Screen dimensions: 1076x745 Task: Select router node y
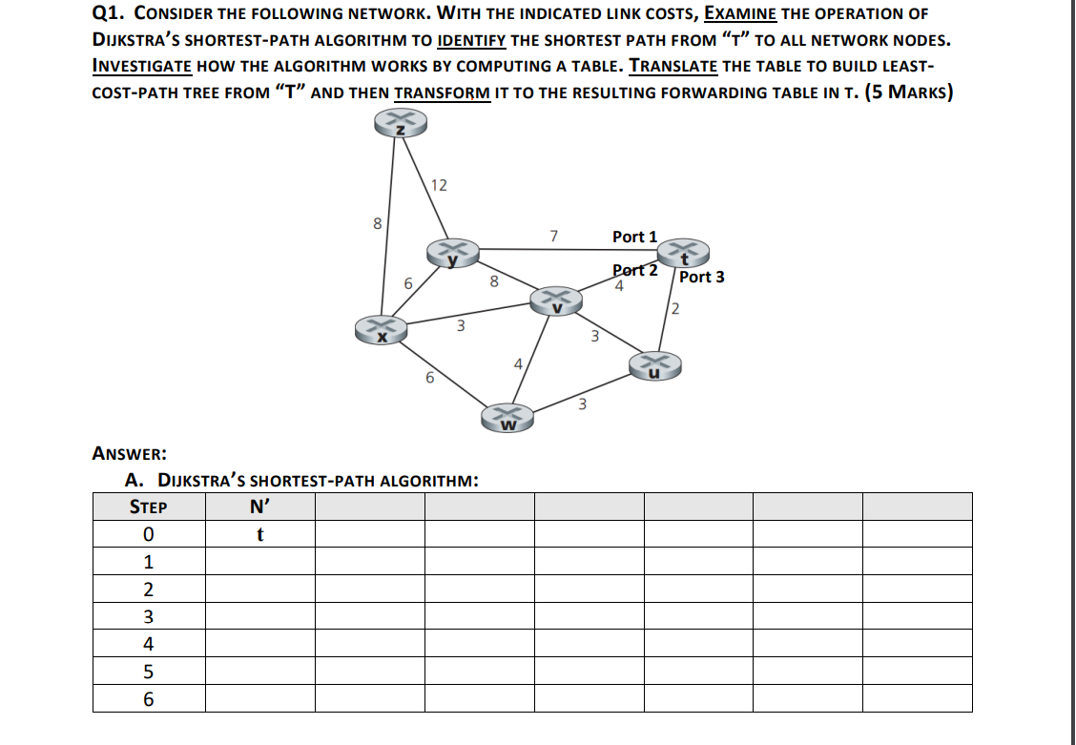tap(454, 253)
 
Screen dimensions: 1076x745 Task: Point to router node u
tap(654, 366)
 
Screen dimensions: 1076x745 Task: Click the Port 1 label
tap(634, 237)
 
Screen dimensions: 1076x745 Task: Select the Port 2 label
tap(635, 270)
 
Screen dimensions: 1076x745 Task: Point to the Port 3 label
tap(701, 277)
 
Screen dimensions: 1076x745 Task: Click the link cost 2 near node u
tap(674, 308)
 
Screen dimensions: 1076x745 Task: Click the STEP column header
tap(148, 507)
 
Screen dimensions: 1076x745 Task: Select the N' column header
tap(259, 507)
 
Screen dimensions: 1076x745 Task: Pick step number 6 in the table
tap(148, 699)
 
